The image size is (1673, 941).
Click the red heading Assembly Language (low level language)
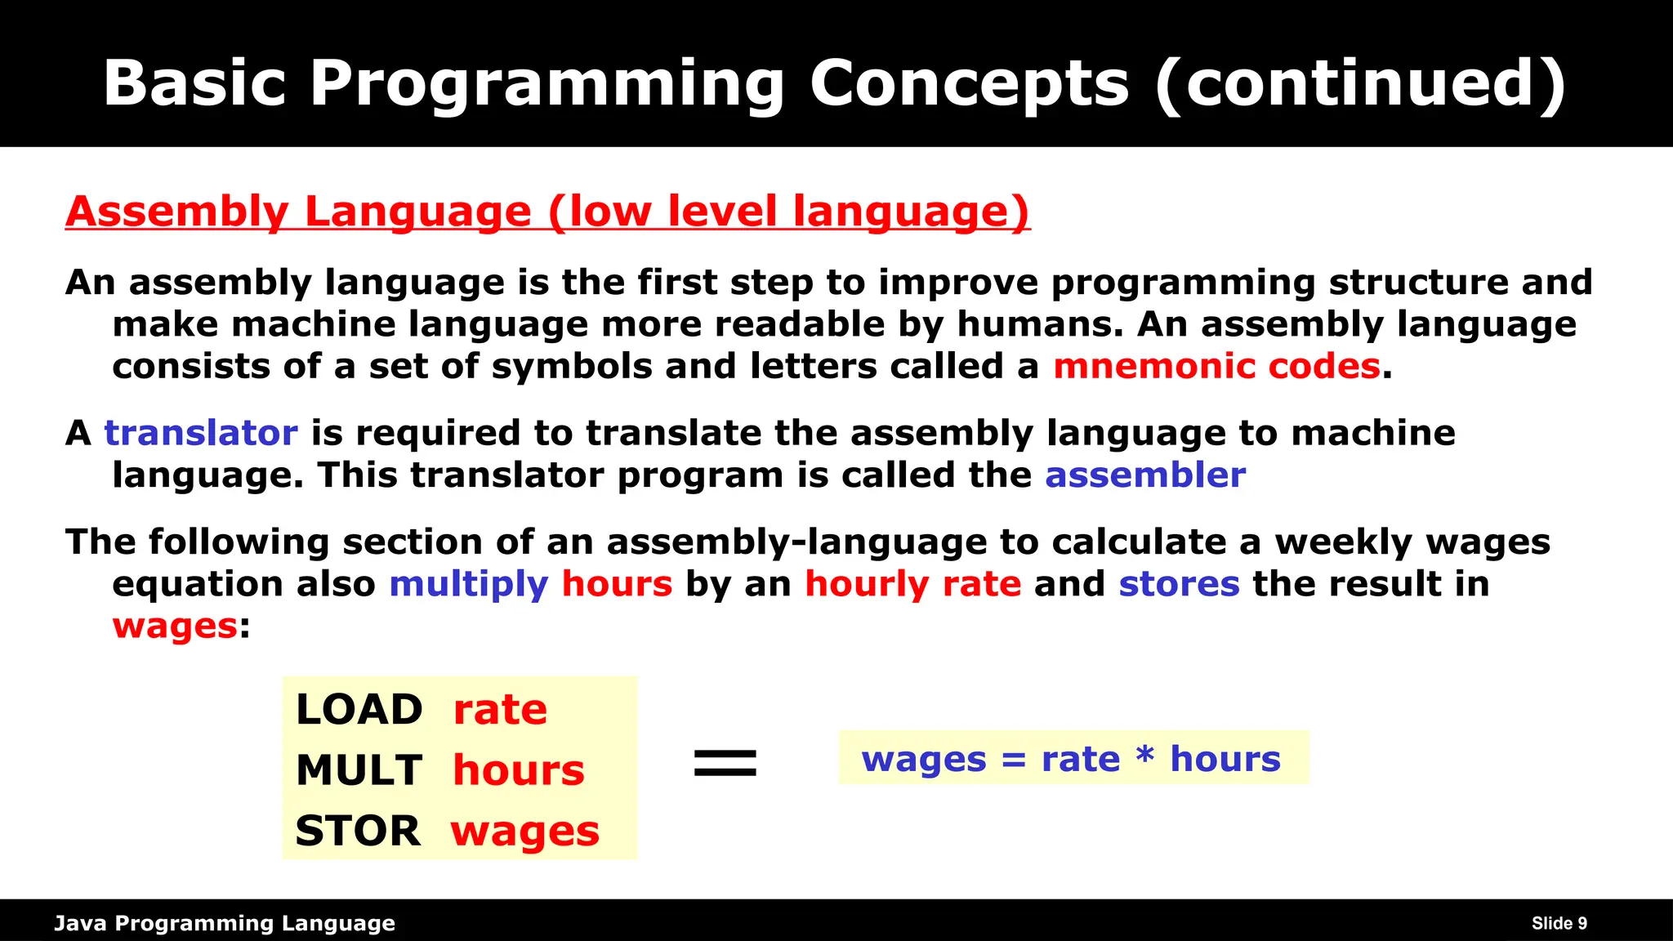[x=547, y=212]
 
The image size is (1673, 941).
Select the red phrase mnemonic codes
[x=1216, y=366]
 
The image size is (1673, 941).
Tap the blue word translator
[x=200, y=433]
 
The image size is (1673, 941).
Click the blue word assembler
[x=1144, y=475]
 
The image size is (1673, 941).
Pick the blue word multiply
[x=468, y=584]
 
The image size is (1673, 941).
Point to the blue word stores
[x=1178, y=584]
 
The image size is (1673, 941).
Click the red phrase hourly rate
[x=912, y=584]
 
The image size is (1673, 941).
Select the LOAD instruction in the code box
[x=359, y=709]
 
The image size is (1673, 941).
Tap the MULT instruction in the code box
[x=359, y=770]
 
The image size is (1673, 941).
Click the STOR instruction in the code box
[x=358, y=831]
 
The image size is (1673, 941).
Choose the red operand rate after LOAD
[x=500, y=709]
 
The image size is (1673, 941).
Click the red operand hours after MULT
[x=518, y=770]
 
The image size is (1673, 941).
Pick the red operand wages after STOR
[x=524, y=832]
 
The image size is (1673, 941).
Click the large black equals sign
[x=725, y=763]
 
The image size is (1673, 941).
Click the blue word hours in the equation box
[x=1225, y=759]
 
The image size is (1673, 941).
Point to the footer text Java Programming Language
[x=225, y=924]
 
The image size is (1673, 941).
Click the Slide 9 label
[x=1559, y=924]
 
